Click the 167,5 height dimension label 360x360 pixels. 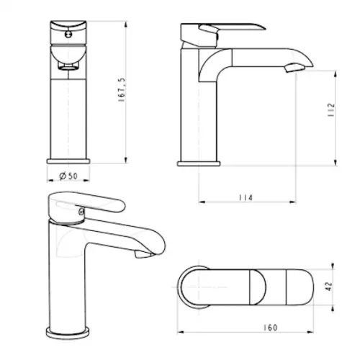click(x=122, y=90)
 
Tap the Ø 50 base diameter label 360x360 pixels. click(x=68, y=176)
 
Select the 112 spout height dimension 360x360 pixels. click(x=331, y=110)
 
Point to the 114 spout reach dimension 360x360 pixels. click(x=246, y=197)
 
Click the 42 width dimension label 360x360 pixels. click(x=329, y=286)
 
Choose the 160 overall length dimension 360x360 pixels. click(x=270, y=328)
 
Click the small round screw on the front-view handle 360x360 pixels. click(x=68, y=34)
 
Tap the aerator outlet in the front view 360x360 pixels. click(x=68, y=67)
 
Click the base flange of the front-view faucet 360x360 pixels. click(x=68, y=161)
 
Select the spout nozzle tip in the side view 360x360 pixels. click(x=294, y=68)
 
